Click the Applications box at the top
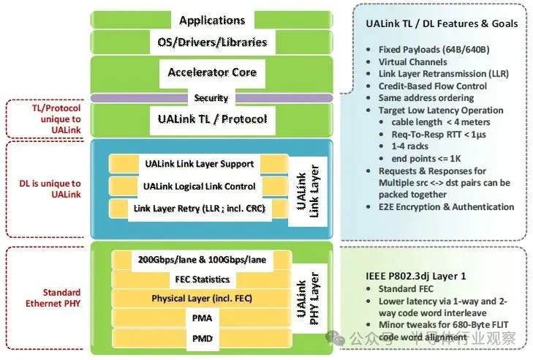tap(212, 20)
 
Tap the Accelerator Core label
tap(212, 72)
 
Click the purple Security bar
tap(211, 98)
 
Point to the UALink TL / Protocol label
tap(212, 119)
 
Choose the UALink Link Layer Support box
tap(200, 164)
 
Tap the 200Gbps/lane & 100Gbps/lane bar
tap(201, 260)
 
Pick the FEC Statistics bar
tap(201, 279)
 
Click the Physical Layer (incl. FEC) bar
tap(201, 299)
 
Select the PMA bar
tap(201, 318)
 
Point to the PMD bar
tap(201, 338)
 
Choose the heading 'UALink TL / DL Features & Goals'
tap(441, 23)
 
